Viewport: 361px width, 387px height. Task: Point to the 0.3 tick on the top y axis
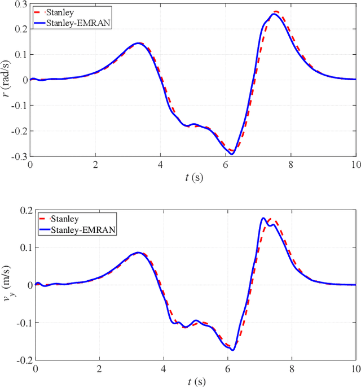[20, 4]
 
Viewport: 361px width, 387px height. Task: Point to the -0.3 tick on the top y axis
[19, 156]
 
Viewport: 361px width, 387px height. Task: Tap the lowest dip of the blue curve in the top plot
[231, 154]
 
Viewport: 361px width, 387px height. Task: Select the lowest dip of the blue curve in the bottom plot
[232, 350]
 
